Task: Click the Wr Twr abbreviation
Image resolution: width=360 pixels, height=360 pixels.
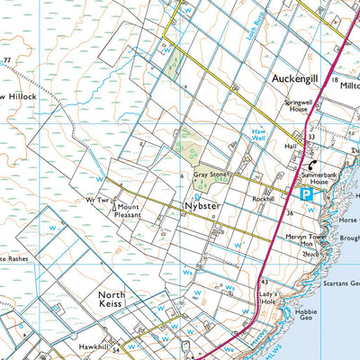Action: (x=97, y=200)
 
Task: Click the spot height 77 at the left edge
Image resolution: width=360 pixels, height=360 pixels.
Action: (x=7, y=61)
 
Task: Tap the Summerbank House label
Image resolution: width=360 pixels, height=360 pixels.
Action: (x=325, y=177)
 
